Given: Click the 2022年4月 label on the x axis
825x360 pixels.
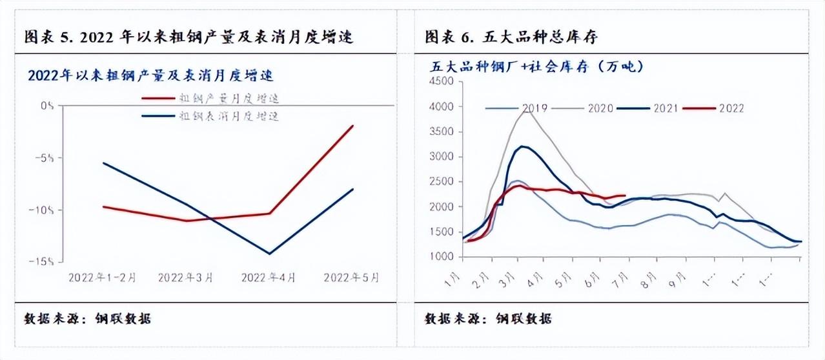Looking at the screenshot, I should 269,278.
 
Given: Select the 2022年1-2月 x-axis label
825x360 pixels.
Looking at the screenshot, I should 102,278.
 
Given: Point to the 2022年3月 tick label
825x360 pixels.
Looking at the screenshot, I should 185,278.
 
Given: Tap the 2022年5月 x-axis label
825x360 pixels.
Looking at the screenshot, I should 352,278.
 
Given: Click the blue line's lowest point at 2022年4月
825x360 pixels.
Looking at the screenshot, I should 269,254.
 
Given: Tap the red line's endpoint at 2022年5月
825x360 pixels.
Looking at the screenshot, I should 352,126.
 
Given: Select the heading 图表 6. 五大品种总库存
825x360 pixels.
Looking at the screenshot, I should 511,37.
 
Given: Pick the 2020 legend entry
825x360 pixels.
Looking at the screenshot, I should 600,108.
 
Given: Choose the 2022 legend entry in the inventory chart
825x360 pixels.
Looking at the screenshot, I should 731,108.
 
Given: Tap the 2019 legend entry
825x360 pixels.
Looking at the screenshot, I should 535,108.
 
